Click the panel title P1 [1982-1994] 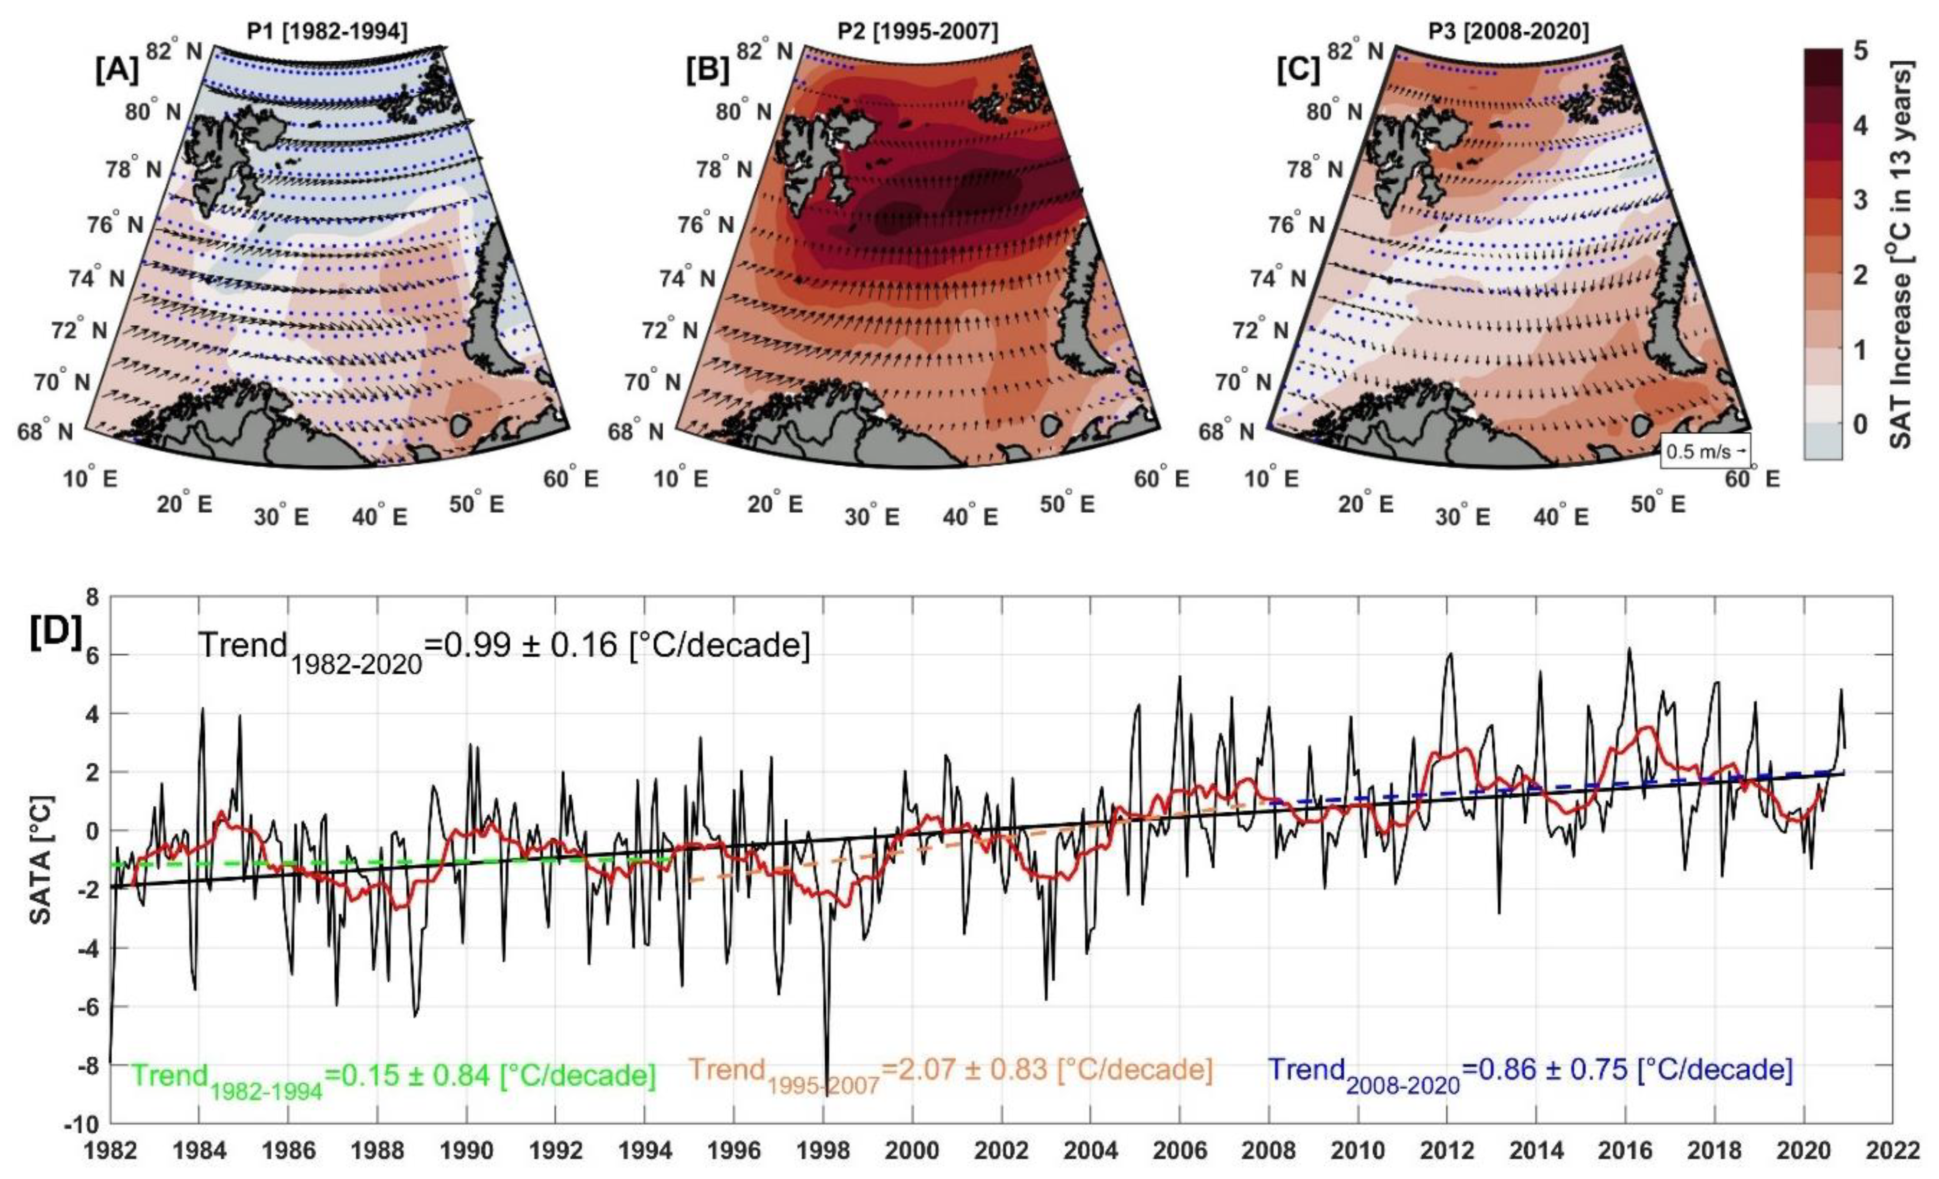click(x=328, y=32)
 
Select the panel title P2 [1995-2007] click(x=918, y=32)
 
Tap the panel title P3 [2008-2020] click(x=1508, y=32)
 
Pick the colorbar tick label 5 click(x=1860, y=51)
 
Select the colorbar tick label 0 click(x=1860, y=424)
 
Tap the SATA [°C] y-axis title click(x=41, y=860)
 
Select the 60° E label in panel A click(x=570, y=478)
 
